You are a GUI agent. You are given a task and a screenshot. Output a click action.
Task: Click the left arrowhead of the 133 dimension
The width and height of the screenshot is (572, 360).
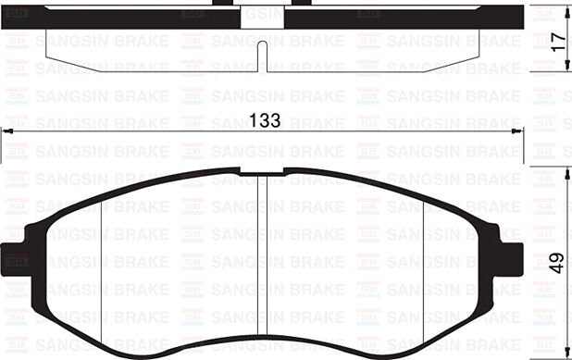click(7, 133)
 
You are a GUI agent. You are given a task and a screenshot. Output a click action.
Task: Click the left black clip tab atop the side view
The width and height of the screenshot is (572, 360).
click(222, 4)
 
